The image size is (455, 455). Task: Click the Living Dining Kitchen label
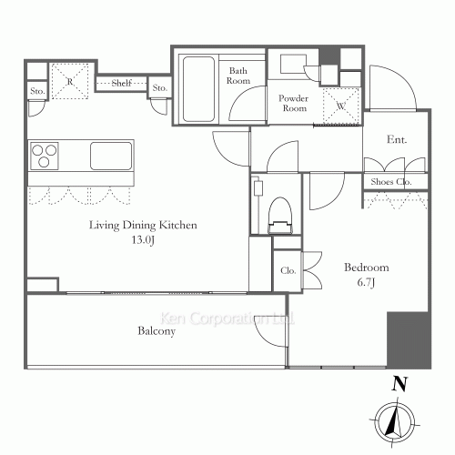(143, 226)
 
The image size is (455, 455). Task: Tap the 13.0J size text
(143, 240)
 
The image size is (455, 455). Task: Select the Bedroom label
(367, 268)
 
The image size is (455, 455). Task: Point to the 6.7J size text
(366, 282)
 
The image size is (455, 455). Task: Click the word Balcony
(157, 330)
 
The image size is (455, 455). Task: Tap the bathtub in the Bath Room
(198, 89)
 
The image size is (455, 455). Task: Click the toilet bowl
(280, 216)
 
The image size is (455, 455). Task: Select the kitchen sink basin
(111, 156)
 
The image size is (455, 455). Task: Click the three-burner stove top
(45, 156)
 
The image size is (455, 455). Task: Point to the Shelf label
(122, 83)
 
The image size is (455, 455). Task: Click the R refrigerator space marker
(70, 81)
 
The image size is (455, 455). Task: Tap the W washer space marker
(341, 106)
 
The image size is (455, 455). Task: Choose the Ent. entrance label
(397, 139)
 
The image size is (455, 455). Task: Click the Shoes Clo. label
(391, 182)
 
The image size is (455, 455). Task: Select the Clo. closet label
(288, 270)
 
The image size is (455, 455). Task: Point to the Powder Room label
(293, 103)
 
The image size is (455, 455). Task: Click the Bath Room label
(238, 76)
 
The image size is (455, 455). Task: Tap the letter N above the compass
(399, 384)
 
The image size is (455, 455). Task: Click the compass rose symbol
(395, 422)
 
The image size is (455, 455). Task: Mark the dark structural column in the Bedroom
(409, 340)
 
